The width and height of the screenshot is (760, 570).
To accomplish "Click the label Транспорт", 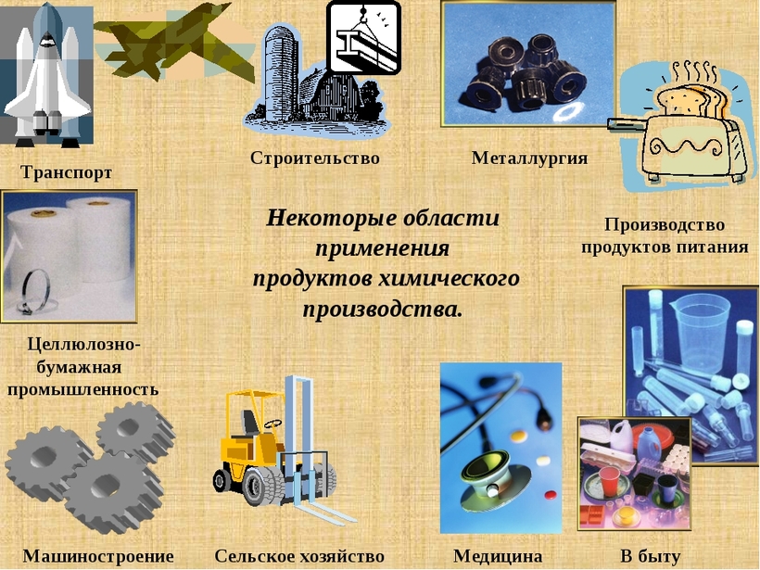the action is coord(66,172).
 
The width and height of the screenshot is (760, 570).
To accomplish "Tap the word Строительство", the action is coord(314,158).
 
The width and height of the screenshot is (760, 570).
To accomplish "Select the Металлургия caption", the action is coord(529,158).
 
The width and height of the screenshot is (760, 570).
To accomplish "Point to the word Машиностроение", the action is coord(98,556).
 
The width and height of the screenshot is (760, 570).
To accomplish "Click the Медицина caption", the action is coord(498,556).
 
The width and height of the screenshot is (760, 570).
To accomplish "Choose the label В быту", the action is coord(650,556).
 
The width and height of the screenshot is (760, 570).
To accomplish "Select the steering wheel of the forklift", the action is coord(273,424).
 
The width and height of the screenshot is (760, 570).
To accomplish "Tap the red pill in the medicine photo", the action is coord(551,495).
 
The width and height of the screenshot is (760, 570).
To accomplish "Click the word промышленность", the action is coord(82,389).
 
